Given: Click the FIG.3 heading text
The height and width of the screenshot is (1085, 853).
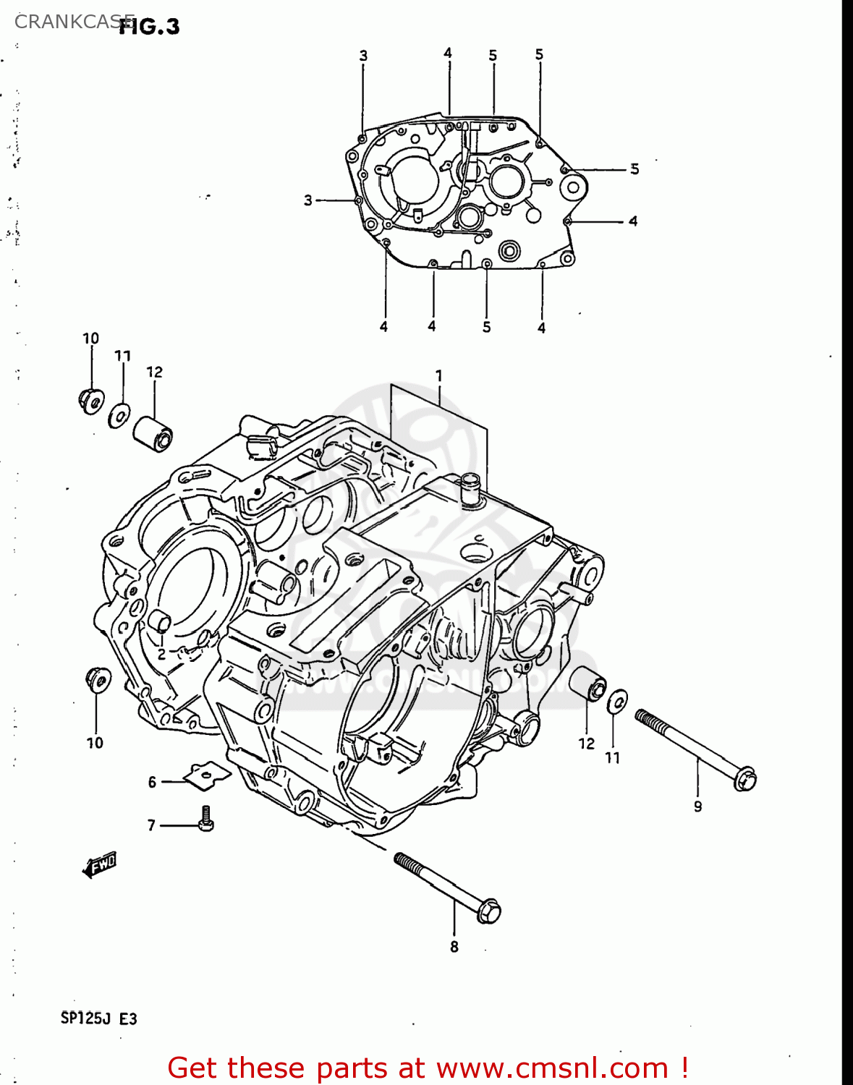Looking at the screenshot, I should (150, 27).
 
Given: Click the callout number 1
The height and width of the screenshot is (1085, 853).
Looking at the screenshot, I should (438, 375).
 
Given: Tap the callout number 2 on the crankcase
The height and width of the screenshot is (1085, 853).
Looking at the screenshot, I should (161, 654).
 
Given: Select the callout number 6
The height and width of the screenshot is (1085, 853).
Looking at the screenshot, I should (152, 782).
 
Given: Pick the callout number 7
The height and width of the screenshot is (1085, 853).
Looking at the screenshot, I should (151, 825).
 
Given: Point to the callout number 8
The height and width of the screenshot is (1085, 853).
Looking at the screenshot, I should (454, 947).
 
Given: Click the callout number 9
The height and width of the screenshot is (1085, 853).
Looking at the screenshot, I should (697, 807).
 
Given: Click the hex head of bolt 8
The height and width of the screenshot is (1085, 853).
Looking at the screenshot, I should (489, 911).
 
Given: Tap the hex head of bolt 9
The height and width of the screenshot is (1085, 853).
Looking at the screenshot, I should (744, 779).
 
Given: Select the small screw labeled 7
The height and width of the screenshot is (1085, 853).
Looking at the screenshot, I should (206, 820).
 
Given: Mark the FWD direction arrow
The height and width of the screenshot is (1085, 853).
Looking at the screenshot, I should (100, 864).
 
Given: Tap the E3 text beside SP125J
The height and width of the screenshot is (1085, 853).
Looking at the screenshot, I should (127, 1018).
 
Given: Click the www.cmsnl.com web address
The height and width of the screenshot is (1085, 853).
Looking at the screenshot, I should (552, 1068).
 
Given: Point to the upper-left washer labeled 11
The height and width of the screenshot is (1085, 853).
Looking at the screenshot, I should (119, 415).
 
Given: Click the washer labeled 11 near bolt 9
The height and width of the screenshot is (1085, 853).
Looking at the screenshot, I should (616, 701).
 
